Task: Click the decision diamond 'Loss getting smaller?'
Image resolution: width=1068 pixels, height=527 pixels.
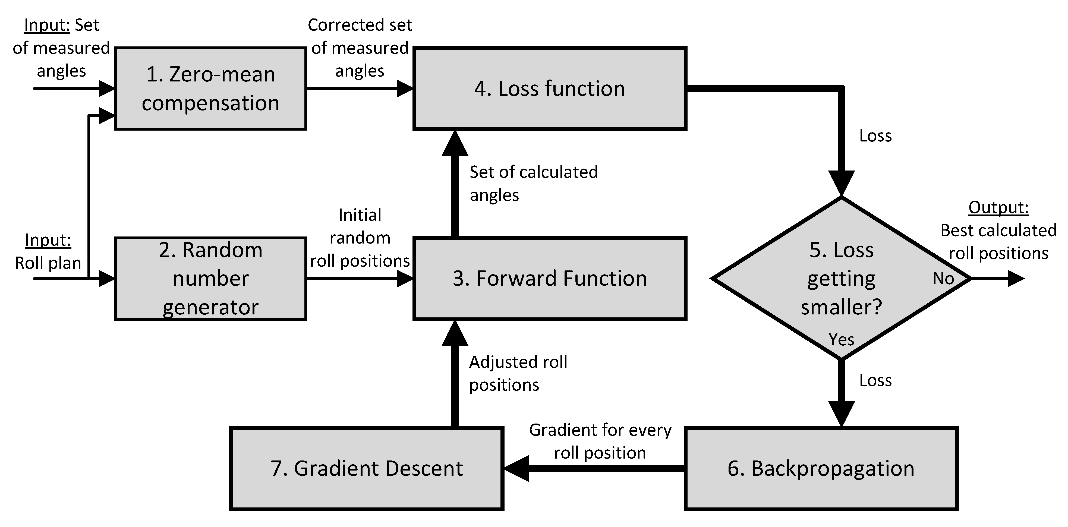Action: pos(841,278)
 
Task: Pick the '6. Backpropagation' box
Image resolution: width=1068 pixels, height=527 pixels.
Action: pos(821,468)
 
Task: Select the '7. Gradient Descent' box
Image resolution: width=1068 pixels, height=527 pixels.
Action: pos(367,468)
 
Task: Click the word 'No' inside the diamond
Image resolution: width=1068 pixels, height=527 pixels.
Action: pos(943,279)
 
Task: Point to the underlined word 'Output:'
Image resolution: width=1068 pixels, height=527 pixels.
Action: pos(998,207)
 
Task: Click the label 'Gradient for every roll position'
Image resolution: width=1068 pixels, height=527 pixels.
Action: pos(600,441)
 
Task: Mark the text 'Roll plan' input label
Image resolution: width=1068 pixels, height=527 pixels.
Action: pos(48,263)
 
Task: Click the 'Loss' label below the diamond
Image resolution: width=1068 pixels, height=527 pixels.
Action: pos(875,380)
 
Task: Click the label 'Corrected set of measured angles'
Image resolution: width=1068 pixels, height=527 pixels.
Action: pos(360,48)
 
